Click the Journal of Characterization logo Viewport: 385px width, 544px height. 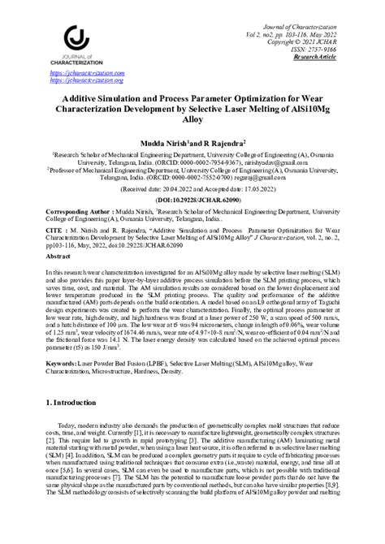click(x=72, y=44)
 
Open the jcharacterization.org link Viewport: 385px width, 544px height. click(x=86, y=80)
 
